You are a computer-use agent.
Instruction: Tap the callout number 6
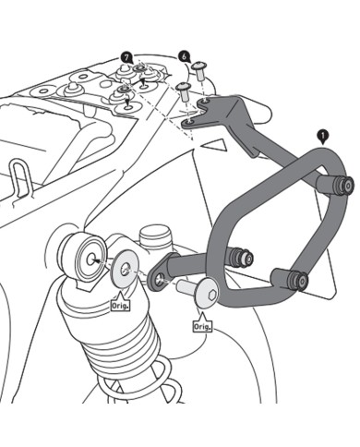[185, 56]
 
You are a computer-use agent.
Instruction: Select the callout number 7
[126, 57]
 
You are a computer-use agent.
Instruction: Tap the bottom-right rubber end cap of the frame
[295, 279]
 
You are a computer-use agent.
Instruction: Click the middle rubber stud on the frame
[242, 256]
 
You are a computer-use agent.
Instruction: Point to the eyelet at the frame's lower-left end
[159, 278]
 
